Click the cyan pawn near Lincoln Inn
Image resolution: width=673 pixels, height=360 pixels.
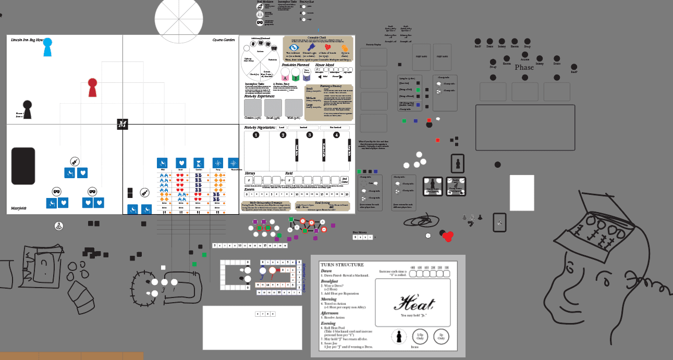click(x=47, y=46)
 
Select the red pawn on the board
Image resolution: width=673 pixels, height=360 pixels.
click(x=92, y=87)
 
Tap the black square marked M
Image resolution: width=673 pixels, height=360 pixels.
click(x=123, y=124)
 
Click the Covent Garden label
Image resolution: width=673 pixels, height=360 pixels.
click(x=224, y=40)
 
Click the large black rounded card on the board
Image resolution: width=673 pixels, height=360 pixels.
click(x=23, y=166)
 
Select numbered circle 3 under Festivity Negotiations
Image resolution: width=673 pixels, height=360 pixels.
click(x=310, y=135)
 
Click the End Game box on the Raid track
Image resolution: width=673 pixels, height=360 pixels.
click(x=345, y=180)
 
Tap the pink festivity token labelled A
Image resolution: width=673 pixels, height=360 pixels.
click(x=285, y=77)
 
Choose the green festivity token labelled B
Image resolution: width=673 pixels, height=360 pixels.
click(x=296, y=77)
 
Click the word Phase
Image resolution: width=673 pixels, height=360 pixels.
click(x=524, y=67)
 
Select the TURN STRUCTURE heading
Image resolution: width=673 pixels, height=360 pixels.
click(x=342, y=265)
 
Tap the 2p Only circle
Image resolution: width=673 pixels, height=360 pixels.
click(x=441, y=337)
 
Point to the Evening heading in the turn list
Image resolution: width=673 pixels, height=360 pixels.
click(x=328, y=324)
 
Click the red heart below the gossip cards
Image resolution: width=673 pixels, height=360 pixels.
click(x=447, y=237)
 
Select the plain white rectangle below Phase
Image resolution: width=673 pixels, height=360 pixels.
click(x=522, y=192)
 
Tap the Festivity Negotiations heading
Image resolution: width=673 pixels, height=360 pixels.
click(x=260, y=127)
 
